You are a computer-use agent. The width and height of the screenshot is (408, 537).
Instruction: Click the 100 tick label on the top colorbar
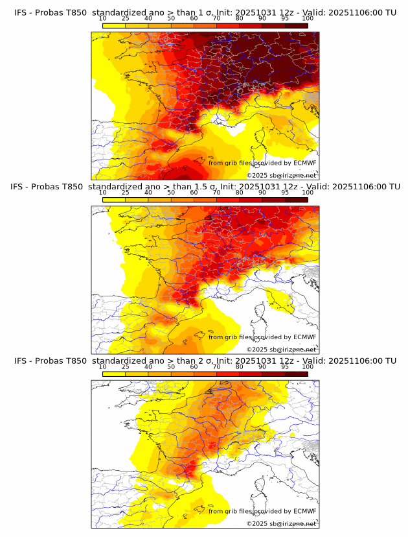[308, 18]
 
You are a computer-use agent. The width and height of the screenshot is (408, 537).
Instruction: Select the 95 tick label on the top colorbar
[285, 18]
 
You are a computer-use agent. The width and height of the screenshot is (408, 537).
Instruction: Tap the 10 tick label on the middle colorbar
[103, 192]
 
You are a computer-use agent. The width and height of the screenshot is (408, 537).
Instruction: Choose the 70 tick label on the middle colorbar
[216, 192]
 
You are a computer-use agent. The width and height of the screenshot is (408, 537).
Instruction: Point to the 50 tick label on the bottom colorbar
[171, 366]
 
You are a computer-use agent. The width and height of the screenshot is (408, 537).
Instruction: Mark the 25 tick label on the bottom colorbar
[126, 366]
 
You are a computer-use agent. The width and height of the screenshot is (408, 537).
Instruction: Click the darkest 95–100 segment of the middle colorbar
[296, 199]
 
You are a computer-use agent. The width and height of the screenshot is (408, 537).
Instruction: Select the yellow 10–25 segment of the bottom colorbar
[114, 374]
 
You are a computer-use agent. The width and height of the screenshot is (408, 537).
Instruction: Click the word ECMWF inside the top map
[305, 163]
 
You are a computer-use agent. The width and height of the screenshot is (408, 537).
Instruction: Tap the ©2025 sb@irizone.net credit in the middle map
[282, 350]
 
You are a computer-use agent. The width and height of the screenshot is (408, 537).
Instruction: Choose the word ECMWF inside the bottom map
[305, 511]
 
